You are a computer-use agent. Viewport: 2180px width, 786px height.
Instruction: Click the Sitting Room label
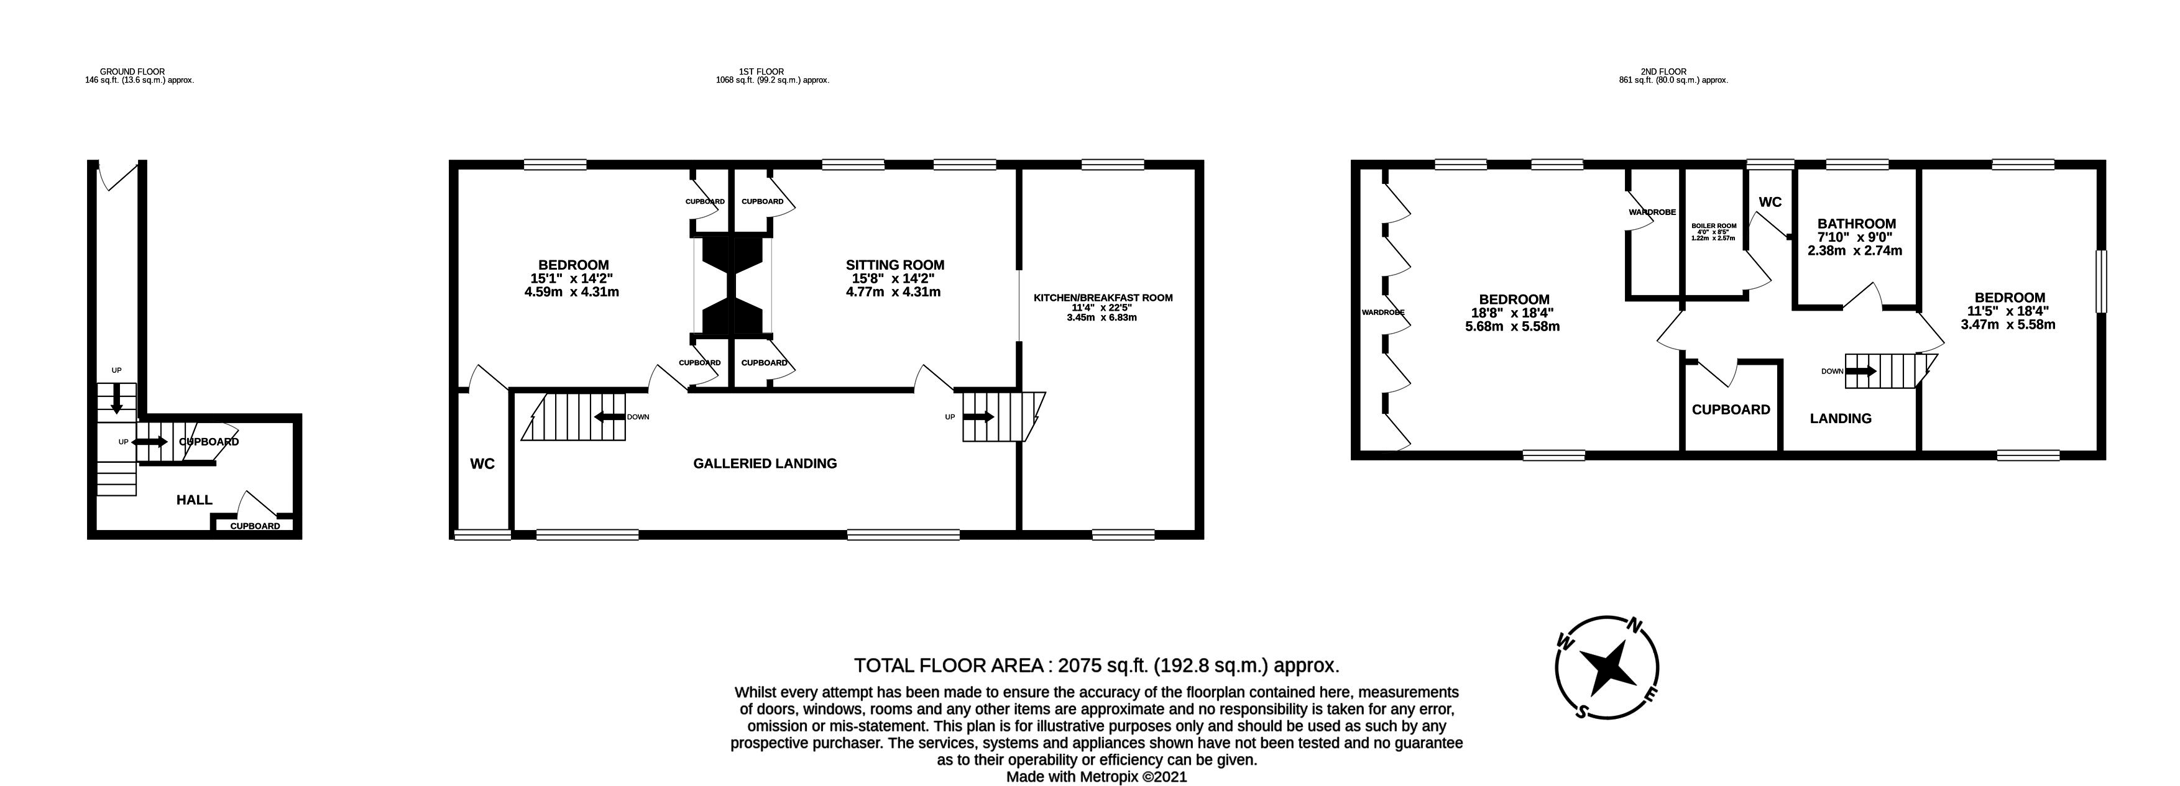coord(895,265)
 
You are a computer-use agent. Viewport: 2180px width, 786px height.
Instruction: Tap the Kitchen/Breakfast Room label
coord(1103,298)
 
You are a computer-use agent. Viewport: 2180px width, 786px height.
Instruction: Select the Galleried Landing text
coord(765,464)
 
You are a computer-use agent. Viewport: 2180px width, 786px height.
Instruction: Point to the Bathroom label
coord(1857,224)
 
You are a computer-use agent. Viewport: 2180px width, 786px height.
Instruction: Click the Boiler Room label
coord(1714,226)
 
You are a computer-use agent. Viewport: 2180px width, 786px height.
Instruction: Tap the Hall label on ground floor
coord(195,500)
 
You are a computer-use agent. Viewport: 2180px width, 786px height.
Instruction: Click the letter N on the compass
coord(1635,626)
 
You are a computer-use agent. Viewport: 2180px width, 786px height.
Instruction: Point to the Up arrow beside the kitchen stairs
coord(978,416)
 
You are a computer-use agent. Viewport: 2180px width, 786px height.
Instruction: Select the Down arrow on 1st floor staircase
coord(609,416)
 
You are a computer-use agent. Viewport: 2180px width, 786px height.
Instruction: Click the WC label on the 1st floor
coord(482,464)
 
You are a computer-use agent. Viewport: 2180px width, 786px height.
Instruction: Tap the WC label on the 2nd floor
coord(1770,202)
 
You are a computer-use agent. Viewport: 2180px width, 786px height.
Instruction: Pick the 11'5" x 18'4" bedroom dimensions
coord(2009,311)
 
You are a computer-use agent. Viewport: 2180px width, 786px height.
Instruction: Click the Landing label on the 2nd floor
coord(1841,418)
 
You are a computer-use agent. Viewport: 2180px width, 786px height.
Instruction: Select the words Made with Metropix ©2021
coord(1097,777)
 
